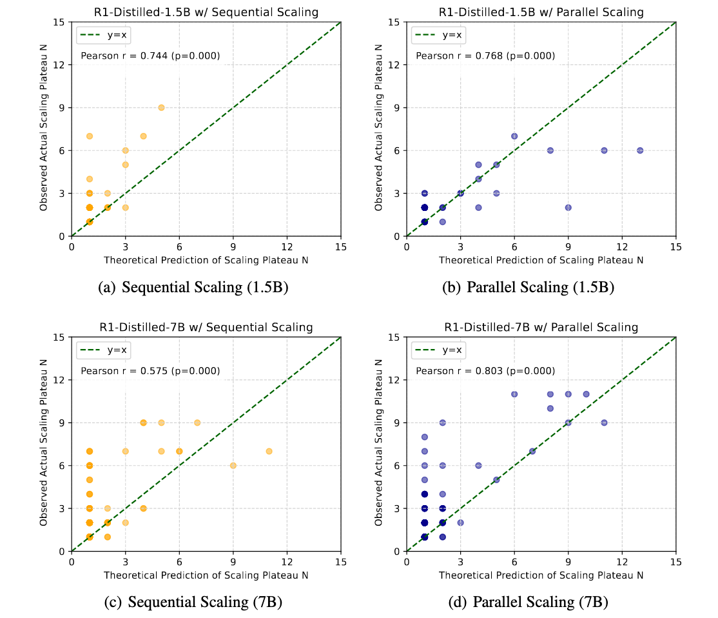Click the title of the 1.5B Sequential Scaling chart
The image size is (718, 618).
(x=206, y=11)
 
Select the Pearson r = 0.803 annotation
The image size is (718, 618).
(x=485, y=371)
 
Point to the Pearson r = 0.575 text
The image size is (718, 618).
(x=150, y=371)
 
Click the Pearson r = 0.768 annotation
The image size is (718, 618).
(x=485, y=56)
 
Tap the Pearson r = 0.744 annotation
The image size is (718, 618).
(x=150, y=56)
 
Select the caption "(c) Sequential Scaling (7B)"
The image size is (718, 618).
(x=193, y=603)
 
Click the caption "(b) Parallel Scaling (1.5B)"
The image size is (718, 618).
(x=529, y=288)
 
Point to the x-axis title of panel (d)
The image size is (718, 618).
(x=541, y=575)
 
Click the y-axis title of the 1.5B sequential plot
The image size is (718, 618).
(x=44, y=129)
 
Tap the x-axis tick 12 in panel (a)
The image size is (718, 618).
(x=287, y=246)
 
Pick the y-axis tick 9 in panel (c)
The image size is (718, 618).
(x=63, y=423)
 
